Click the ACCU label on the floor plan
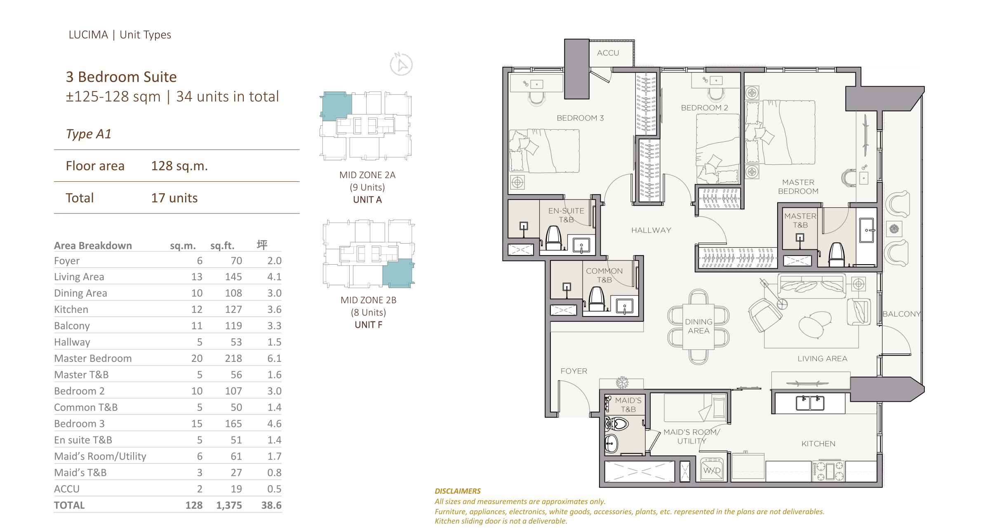point(608,53)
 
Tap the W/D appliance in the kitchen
point(712,470)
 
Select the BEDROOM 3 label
point(580,118)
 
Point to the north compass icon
point(401,64)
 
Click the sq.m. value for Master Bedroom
point(197,358)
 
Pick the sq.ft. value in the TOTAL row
point(229,505)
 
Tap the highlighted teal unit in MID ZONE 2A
point(336,106)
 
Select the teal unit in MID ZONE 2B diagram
point(397,272)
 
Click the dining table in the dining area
point(698,326)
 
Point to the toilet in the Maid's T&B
point(617,423)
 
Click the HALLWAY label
point(651,230)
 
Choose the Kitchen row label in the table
point(71,309)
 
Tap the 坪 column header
point(262,245)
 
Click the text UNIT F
point(368,325)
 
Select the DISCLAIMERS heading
point(458,491)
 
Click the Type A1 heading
point(89,134)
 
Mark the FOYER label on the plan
point(574,371)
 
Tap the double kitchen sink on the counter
point(810,403)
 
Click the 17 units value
point(174,198)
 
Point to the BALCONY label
point(901,314)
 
